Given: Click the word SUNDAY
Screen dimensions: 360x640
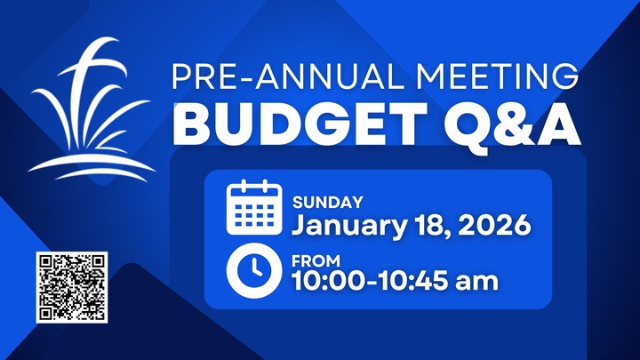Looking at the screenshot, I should click(327, 203).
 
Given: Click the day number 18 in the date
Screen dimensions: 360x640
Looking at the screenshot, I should click(433, 225).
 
